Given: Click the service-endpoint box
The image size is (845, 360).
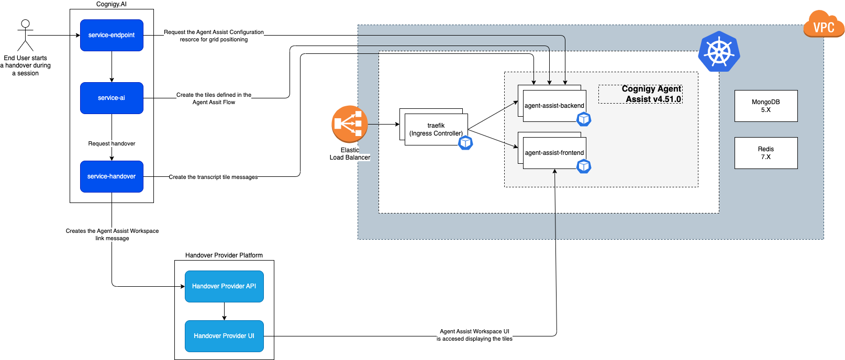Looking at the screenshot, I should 112,35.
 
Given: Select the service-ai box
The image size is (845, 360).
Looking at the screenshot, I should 112,98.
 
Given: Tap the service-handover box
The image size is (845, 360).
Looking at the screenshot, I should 112,176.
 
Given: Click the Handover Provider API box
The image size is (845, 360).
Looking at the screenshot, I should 224,286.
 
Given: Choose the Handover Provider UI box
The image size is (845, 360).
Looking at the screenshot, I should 224,336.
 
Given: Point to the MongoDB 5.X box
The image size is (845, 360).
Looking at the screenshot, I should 765,106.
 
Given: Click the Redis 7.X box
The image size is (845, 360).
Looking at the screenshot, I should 765,153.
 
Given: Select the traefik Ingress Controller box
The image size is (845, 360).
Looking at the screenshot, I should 436,129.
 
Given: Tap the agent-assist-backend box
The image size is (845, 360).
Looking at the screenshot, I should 554,106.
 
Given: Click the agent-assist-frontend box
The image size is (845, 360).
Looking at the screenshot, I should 554,153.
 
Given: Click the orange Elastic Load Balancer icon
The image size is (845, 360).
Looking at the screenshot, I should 349,124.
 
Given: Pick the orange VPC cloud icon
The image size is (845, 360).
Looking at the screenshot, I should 824,25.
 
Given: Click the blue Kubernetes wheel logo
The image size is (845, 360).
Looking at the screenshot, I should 719,51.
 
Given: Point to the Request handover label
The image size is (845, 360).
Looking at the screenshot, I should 112,143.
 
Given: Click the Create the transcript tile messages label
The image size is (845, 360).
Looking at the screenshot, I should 213,177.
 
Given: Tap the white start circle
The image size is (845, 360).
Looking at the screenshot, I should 25,24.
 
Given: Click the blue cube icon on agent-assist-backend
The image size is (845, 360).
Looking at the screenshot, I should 584,119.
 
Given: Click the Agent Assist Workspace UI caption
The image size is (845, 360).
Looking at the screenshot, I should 474,335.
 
